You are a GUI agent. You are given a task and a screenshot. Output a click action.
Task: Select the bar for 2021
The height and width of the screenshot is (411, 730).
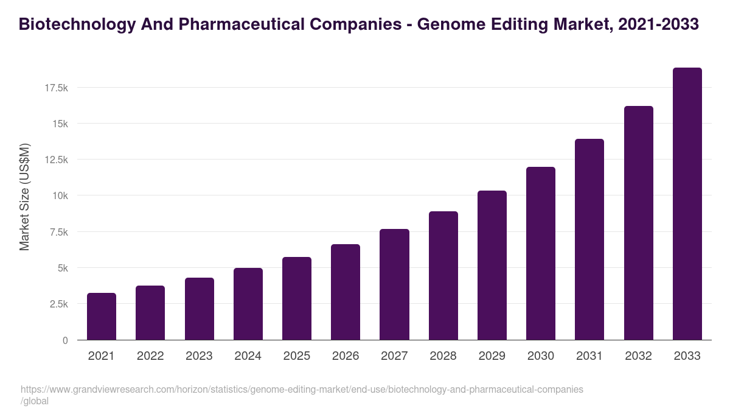[x=102, y=317]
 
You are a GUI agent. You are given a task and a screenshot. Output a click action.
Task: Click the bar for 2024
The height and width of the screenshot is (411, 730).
[x=248, y=304]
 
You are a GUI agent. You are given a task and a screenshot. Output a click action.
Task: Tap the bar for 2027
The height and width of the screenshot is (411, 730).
[x=394, y=284]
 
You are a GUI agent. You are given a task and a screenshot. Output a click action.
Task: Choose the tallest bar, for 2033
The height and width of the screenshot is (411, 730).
[x=687, y=204]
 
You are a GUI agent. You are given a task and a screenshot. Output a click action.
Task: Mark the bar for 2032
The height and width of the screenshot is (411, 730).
[x=638, y=223]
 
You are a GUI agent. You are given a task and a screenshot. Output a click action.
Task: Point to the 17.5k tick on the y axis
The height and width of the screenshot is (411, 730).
[x=56, y=88]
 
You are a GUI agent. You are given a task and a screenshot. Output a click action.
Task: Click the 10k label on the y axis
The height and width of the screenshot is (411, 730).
[x=60, y=196]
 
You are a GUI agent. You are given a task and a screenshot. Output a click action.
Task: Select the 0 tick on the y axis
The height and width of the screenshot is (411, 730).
[x=64, y=340]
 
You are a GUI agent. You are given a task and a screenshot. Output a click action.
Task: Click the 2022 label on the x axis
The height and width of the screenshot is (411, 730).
[x=150, y=356]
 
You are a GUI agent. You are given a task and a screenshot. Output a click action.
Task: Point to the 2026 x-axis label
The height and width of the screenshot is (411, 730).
[x=346, y=356]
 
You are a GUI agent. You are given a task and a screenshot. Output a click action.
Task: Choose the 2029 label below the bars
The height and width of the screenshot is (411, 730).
[x=492, y=356]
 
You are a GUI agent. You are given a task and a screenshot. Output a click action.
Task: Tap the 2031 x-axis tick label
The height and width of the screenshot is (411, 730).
[x=589, y=356]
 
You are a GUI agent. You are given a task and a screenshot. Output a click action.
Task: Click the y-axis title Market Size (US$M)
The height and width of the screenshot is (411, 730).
[x=24, y=197]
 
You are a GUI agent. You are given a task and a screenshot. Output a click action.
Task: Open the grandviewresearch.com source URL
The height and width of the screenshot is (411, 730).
[x=301, y=389]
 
